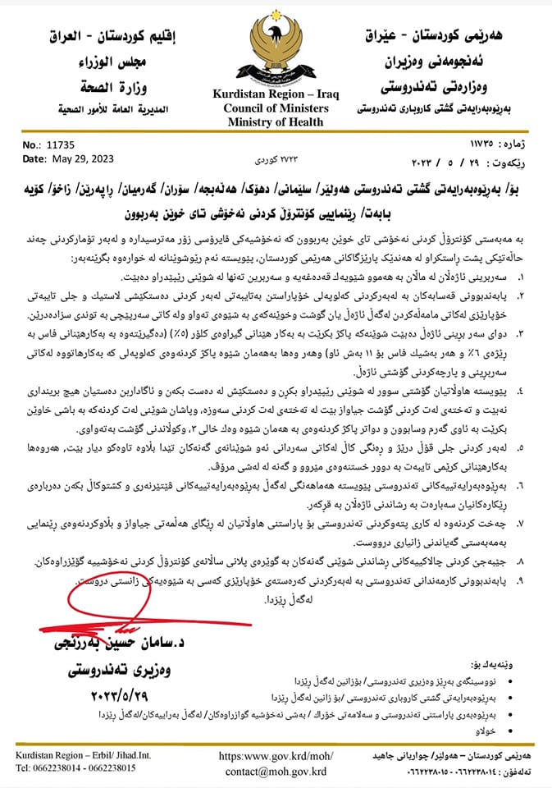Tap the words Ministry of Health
271,123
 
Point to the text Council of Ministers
271,109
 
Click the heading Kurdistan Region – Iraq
271,94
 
